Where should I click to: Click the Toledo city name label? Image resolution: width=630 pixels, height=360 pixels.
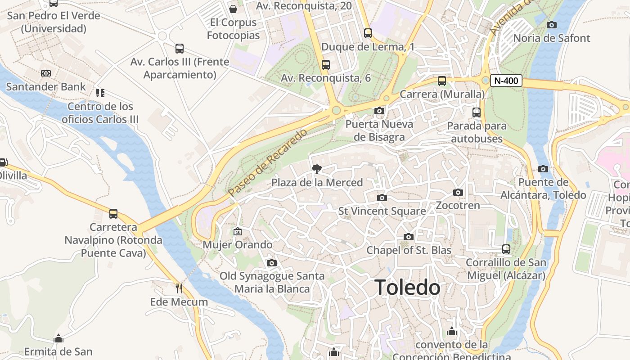(x=407, y=288)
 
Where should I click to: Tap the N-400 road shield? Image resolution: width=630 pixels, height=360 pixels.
(x=506, y=81)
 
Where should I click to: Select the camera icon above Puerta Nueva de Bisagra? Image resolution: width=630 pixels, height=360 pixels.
(x=379, y=111)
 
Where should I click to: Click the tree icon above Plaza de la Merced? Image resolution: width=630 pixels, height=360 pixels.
(x=317, y=169)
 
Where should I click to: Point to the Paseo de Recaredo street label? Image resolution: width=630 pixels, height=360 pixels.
(x=267, y=162)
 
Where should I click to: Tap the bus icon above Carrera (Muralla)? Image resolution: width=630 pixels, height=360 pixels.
(x=442, y=81)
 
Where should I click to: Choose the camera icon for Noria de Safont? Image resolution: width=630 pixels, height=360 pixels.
(x=551, y=25)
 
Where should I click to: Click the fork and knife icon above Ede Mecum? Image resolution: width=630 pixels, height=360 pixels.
(x=179, y=288)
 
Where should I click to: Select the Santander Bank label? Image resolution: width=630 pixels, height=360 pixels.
(x=46, y=87)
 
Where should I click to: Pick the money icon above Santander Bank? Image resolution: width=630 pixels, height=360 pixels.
(x=46, y=73)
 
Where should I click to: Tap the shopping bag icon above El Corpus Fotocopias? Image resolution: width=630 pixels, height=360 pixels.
(x=233, y=9)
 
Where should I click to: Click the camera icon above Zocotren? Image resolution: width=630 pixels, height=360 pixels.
(x=458, y=193)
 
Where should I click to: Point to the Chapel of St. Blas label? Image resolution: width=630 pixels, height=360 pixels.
(x=409, y=250)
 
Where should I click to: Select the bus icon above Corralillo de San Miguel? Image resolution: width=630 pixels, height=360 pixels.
(x=506, y=249)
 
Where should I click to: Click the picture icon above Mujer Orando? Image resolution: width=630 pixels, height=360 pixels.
(x=238, y=231)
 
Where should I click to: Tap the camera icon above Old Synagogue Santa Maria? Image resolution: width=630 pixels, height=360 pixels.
(x=272, y=263)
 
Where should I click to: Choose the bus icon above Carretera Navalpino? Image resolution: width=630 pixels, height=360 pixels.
(x=113, y=214)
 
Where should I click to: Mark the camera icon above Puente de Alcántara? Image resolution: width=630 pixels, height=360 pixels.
(x=543, y=169)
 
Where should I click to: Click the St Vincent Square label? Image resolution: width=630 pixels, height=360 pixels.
(x=382, y=211)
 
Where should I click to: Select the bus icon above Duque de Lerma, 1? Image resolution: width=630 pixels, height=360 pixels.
(x=368, y=33)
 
